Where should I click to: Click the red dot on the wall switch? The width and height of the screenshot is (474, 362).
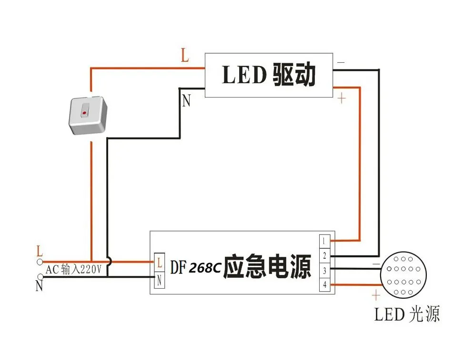tap(84, 113)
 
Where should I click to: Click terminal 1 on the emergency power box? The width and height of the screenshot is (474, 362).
tap(324, 241)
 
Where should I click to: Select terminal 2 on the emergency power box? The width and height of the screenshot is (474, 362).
tap(324, 255)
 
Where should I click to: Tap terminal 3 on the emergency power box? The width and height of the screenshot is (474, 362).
tap(324, 270)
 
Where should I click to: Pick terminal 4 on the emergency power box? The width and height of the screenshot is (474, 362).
tap(324, 284)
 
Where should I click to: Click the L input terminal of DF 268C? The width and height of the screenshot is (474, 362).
tap(159, 263)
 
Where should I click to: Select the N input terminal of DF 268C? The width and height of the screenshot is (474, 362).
tap(159, 280)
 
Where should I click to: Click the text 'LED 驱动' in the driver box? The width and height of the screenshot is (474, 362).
tap(269, 75)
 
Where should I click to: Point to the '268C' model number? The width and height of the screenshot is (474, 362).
tap(205, 267)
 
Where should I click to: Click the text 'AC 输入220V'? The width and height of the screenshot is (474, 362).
tap(73, 269)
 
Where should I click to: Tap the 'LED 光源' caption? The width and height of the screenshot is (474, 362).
tap(406, 314)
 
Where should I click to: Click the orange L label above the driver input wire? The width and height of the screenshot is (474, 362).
tap(185, 55)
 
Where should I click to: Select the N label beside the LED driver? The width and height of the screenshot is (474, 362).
tap(187, 101)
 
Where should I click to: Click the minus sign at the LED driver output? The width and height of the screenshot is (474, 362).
tap(341, 62)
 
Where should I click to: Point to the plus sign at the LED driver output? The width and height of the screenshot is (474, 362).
tap(342, 98)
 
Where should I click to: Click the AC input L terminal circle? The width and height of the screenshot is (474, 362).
tap(40, 262)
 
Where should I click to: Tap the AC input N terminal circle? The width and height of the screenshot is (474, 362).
tap(40, 276)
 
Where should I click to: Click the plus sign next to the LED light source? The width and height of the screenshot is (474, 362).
tap(376, 295)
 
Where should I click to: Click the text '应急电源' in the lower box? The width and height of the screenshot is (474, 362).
tap(267, 266)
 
